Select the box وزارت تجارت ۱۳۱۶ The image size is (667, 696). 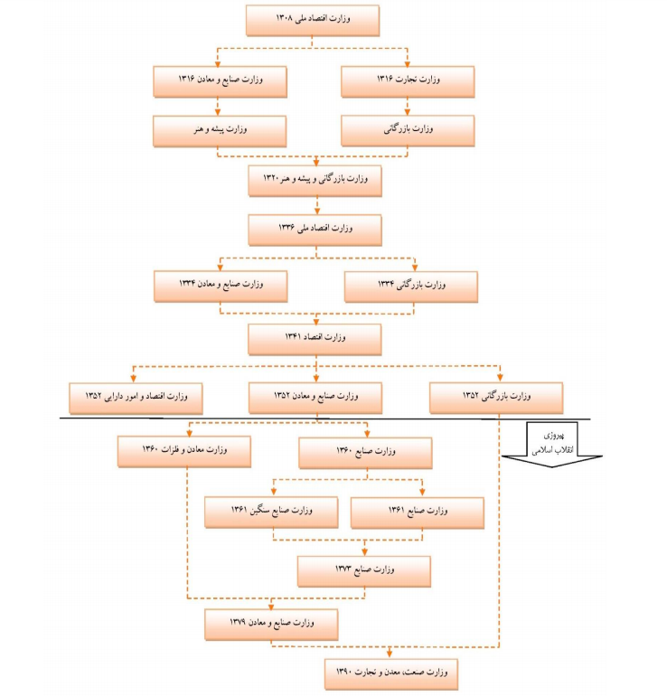pos(409,81)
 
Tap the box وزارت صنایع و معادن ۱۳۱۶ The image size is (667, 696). pos(221,81)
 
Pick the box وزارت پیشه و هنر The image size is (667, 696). pos(221,130)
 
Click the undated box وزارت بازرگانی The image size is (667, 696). pos(409,130)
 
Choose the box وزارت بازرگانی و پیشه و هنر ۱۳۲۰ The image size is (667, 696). pos(315,181)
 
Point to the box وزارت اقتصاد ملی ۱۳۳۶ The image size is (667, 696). pos(315,230)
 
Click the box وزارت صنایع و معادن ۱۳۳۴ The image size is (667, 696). pos(221,286)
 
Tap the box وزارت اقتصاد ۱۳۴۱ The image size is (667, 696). pos(315,338)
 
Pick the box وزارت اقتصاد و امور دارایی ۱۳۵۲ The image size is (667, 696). pos(136,397)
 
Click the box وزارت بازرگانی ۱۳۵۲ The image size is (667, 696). pos(496,397)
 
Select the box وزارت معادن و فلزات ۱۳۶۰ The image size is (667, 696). pos(183,451)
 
